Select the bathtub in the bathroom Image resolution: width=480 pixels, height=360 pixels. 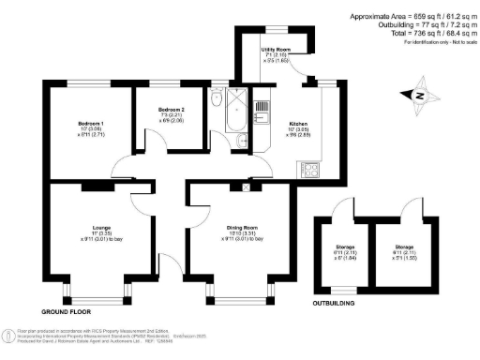point(236,112)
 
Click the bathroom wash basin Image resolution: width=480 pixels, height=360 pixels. point(242,141)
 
